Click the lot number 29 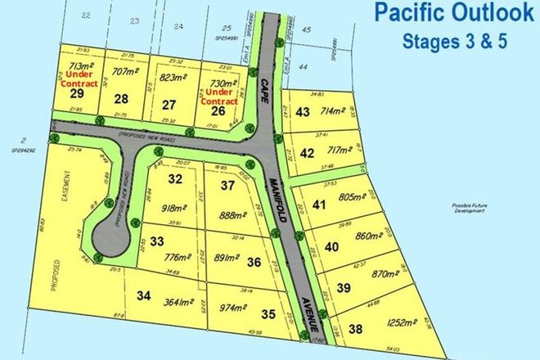click(x=78, y=94)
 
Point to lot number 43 click(x=304, y=112)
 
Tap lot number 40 click(x=331, y=246)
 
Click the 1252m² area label click(x=391, y=322)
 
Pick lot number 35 click(x=268, y=313)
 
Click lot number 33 click(x=157, y=241)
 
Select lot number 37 click(x=227, y=185)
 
